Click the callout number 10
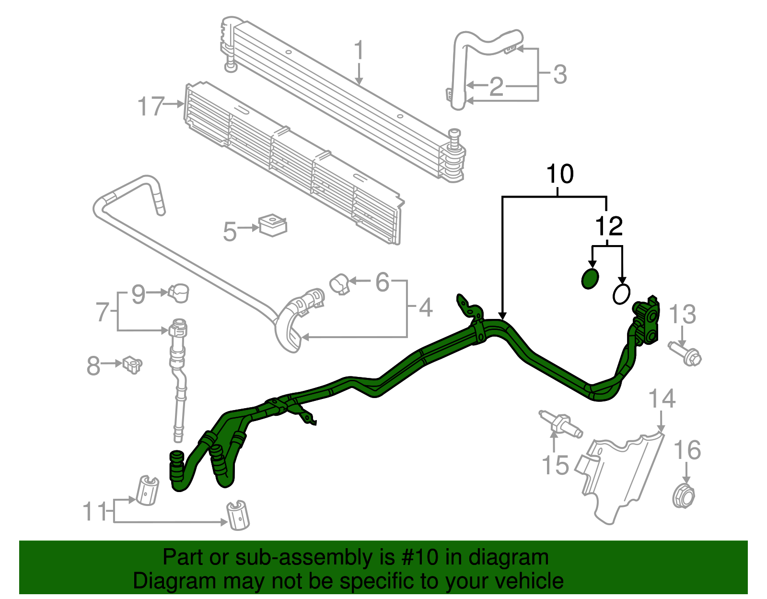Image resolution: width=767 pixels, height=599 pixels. click(559, 174)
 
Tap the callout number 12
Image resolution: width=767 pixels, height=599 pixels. click(608, 226)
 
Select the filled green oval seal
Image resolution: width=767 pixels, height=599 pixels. click(590, 279)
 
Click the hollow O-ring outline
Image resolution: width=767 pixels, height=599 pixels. click(621, 294)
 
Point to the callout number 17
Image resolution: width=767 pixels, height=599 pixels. click(151, 106)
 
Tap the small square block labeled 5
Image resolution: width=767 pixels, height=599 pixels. click(272, 225)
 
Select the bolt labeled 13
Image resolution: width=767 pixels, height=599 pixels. click(687, 354)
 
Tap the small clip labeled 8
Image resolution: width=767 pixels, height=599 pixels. click(132, 364)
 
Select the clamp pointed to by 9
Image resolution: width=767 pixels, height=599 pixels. click(178, 292)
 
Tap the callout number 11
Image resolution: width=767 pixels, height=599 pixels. click(94, 512)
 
